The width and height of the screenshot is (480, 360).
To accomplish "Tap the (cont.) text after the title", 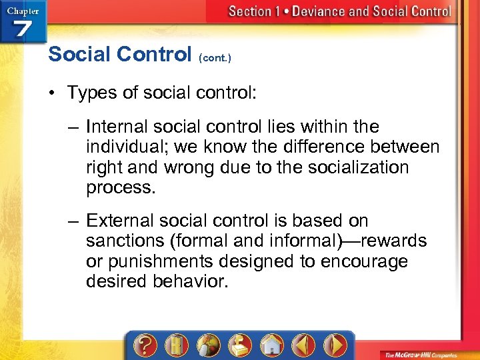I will [215, 58].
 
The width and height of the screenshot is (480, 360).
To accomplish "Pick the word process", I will [120, 187].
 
